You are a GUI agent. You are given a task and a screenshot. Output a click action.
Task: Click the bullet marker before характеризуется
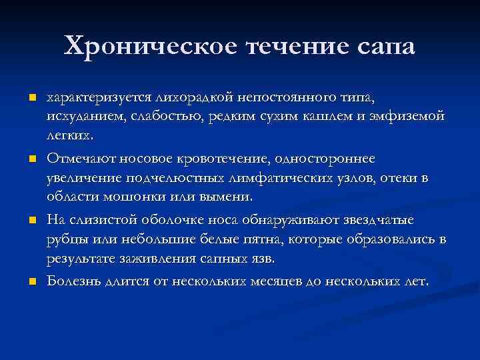coord(31,99)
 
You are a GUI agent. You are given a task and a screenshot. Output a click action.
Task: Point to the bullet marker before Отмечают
coord(31,159)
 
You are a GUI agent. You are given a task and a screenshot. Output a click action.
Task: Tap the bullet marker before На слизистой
coord(31,220)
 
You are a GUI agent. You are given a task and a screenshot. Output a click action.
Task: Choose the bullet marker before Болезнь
coord(31,281)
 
